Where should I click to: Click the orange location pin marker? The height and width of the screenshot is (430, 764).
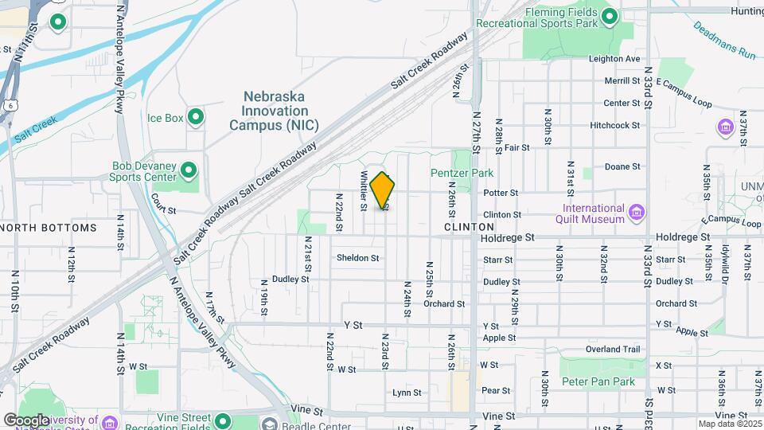(x=383, y=190)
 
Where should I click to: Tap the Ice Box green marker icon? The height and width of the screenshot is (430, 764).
(x=195, y=118)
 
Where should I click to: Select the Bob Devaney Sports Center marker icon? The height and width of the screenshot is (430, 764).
(x=189, y=170)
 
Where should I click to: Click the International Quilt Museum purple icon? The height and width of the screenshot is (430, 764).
(x=636, y=213)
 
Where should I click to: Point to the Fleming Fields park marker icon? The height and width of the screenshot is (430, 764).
(x=610, y=16)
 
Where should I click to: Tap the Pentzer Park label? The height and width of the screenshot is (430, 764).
(x=462, y=173)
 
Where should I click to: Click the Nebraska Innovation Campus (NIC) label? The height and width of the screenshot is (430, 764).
(x=274, y=111)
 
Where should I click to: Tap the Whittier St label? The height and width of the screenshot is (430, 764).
(x=363, y=191)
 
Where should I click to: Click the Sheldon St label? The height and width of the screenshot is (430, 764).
(x=357, y=258)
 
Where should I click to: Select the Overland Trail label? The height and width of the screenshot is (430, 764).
(x=613, y=349)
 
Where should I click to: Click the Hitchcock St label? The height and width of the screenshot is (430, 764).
(x=615, y=126)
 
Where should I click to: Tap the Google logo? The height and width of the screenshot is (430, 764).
(x=26, y=420)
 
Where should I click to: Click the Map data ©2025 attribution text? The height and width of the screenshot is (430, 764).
(x=729, y=424)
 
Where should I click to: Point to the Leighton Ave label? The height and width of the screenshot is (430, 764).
(x=614, y=59)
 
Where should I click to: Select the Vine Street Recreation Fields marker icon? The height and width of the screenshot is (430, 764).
(x=223, y=420)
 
